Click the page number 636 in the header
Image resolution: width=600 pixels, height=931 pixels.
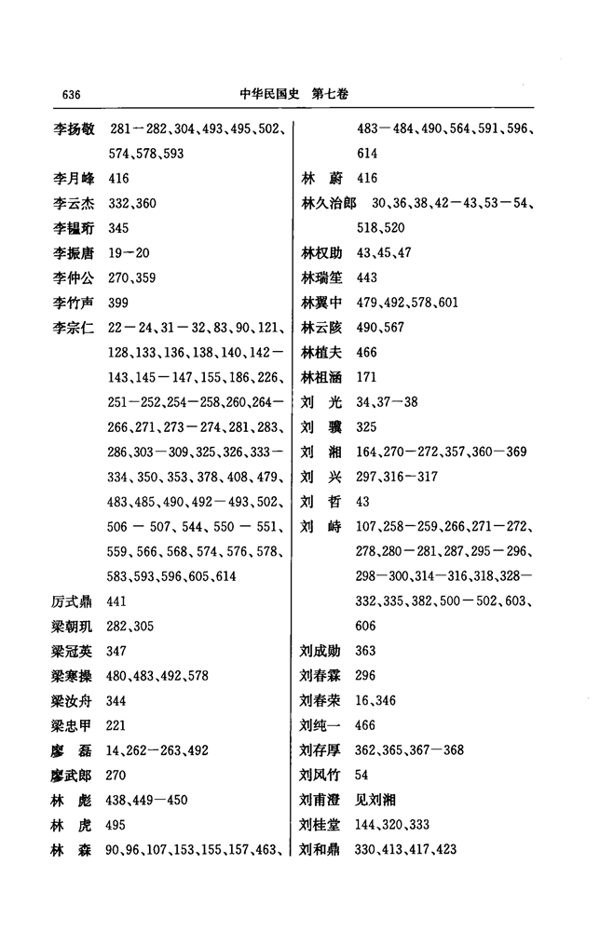tap(71, 95)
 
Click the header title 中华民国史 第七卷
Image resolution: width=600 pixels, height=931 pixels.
tap(294, 95)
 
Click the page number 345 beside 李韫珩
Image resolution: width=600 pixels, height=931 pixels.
tap(118, 228)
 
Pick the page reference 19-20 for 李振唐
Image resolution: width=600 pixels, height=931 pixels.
tap(129, 253)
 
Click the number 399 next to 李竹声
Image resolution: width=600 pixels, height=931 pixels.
tap(118, 303)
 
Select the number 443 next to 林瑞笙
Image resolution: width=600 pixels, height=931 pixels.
tap(366, 278)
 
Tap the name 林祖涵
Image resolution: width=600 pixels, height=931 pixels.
tap(320, 377)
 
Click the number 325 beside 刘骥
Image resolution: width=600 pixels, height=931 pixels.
tap(366, 427)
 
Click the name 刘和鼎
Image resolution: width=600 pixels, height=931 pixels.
tap(320, 849)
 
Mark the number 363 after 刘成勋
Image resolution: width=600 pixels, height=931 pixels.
tap(366, 651)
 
